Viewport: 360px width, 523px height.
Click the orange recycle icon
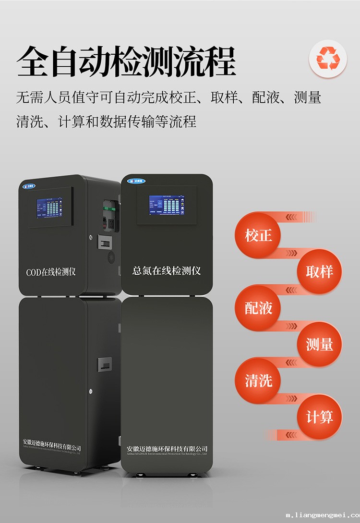click(328, 60)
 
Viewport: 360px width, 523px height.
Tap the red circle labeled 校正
click(258, 235)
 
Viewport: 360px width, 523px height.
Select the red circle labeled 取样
click(319, 272)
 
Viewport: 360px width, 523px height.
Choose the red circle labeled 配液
click(258, 308)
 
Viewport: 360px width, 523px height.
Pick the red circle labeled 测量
click(319, 344)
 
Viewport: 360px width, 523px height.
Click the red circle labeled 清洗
click(258, 381)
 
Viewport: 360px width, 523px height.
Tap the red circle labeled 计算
click(319, 417)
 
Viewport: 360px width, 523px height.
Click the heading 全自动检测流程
click(126, 61)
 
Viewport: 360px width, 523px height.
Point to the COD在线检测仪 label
click(51, 272)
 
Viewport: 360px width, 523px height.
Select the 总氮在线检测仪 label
click(166, 271)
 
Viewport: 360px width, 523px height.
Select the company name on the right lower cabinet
click(167, 449)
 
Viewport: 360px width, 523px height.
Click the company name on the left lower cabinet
click(52, 448)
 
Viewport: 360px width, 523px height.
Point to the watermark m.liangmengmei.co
click(322, 516)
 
